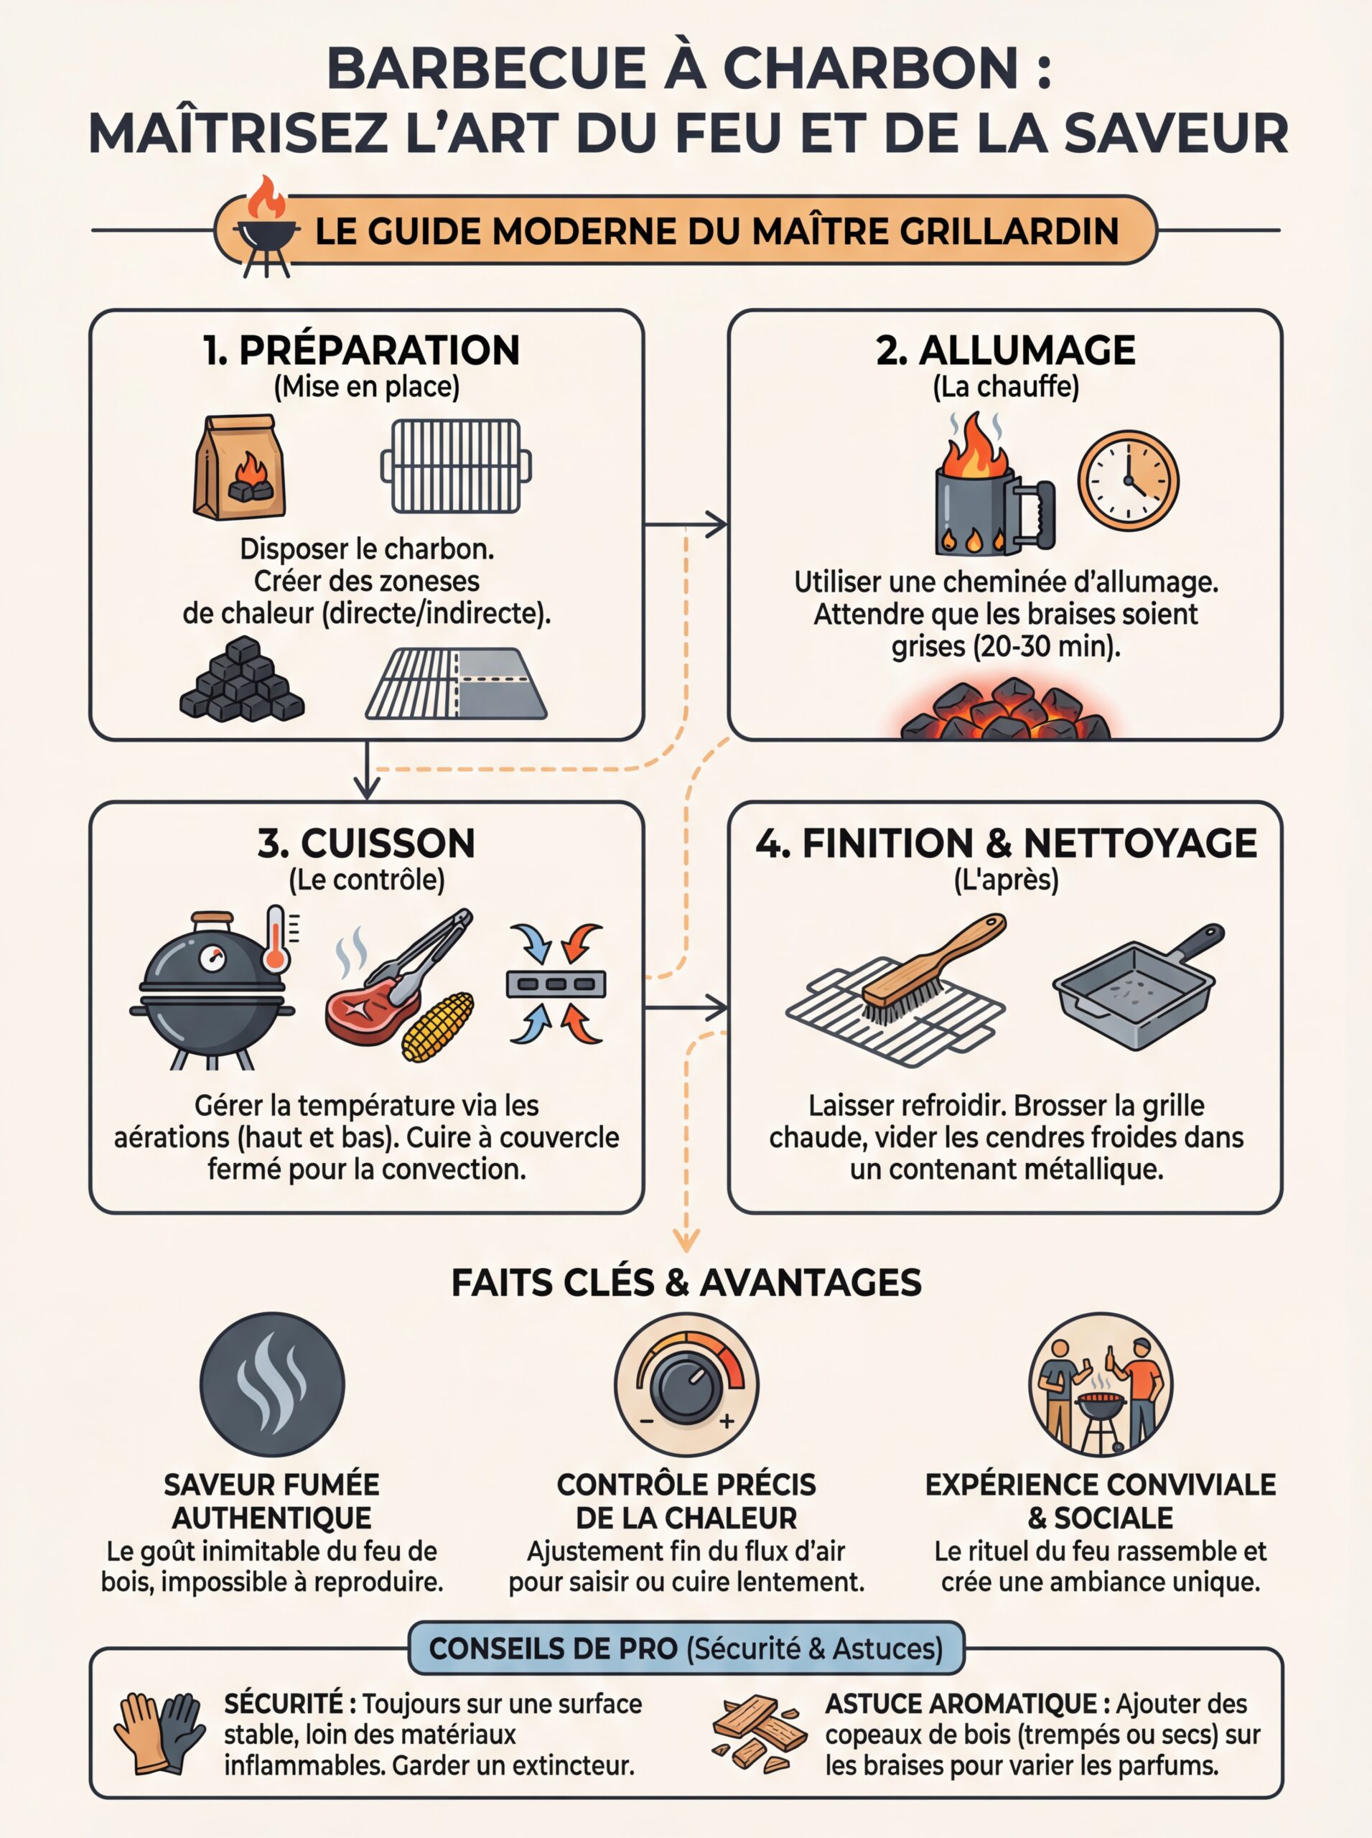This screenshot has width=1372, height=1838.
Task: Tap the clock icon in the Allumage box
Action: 1128,480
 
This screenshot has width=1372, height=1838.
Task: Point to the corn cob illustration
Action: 438,1027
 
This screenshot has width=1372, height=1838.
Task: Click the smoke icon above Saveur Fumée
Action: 271,1384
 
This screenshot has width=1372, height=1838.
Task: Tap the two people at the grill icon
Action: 1101,1384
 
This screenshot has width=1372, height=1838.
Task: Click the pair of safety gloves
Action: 159,1732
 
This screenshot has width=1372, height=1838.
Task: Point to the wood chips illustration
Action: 759,1732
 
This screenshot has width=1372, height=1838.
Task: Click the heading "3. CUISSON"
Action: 366,843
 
